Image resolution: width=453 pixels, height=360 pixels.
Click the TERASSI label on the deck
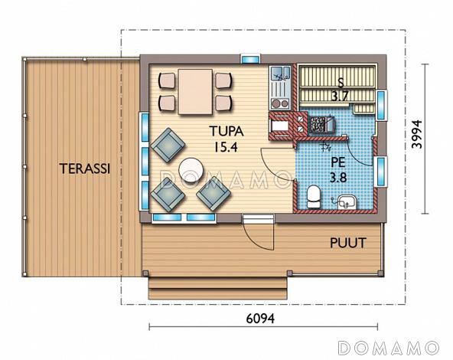tap(85, 169)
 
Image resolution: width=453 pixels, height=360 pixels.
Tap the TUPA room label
tap(226, 132)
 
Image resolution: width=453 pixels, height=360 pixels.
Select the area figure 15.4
tap(226, 147)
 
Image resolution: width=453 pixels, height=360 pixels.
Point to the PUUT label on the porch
tap(348, 243)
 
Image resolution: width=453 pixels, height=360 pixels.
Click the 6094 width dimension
tap(260, 319)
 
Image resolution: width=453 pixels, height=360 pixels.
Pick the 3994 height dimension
tap(417, 134)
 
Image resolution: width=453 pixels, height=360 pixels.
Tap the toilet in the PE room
tap(313, 197)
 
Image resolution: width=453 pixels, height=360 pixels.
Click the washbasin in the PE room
tap(347, 202)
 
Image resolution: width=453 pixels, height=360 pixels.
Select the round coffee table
tap(191, 170)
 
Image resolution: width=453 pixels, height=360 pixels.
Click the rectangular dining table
tap(195, 92)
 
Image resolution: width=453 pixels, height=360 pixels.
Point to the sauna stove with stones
tap(321, 125)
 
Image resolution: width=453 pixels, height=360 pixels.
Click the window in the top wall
tap(250, 59)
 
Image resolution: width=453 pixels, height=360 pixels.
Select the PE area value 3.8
tap(338, 178)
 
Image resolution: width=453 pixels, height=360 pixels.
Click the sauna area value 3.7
tap(340, 96)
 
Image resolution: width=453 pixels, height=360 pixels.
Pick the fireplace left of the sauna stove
tap(281, 126)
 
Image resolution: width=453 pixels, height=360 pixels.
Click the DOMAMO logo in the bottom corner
tap(389, 348)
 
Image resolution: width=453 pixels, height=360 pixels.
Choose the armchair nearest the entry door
tap(213, 193)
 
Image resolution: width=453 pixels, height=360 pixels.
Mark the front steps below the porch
tap(218, 288)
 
